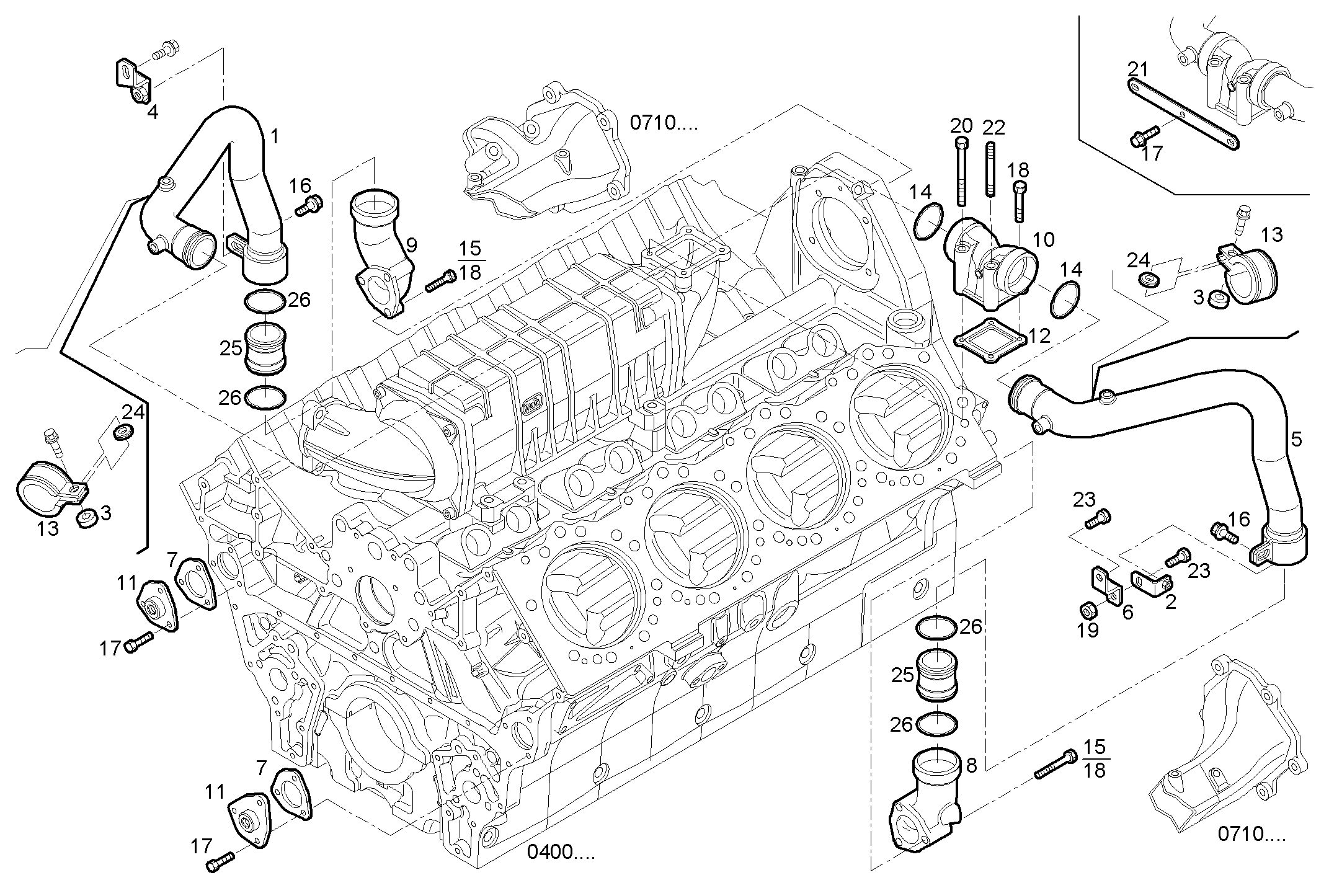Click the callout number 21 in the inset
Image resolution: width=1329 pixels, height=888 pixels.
(x=1137, y=69)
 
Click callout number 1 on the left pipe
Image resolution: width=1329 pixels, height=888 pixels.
(x=273, y=137)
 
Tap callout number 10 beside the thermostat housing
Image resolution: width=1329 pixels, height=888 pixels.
(x=1043, y=239)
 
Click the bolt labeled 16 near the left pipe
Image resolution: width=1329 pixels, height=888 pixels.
(x=308, y=206)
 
